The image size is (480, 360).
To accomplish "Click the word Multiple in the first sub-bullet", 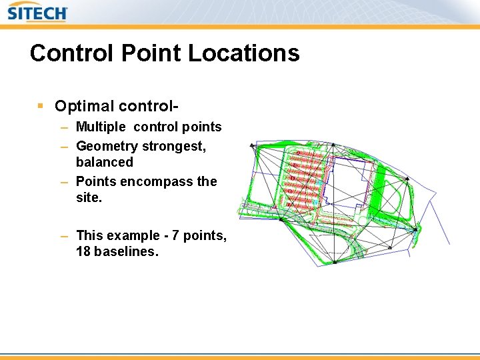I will [100, 127].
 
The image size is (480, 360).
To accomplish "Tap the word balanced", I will [104, 162].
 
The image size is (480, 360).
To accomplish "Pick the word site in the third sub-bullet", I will [88, 198].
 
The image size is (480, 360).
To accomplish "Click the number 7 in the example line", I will [184, 235].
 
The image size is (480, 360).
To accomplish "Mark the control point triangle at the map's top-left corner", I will [251, 145].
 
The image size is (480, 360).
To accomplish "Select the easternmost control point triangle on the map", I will [415, 230].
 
